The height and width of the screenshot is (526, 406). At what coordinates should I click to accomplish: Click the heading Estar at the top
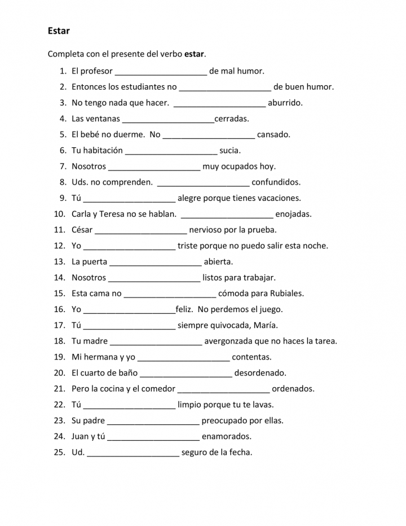tap(59, 30)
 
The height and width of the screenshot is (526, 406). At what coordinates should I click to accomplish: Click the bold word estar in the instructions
tap(194, 54)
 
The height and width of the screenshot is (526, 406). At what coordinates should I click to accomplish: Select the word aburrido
tap(285, 103)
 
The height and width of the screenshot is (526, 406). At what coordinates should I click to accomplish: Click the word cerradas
tap(232, 119)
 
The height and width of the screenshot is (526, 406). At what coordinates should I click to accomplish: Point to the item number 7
tap(63, 166)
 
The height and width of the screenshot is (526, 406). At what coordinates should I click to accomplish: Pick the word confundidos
tap(276, 182)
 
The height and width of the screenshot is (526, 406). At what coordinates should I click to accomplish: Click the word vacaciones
tap(279, 198)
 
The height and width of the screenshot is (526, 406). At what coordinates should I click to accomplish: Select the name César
tap(82, 230)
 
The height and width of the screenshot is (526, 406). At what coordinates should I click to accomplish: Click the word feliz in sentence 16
tap(184, 309)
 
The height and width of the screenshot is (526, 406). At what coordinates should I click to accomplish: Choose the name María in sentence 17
tap(266, 326)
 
